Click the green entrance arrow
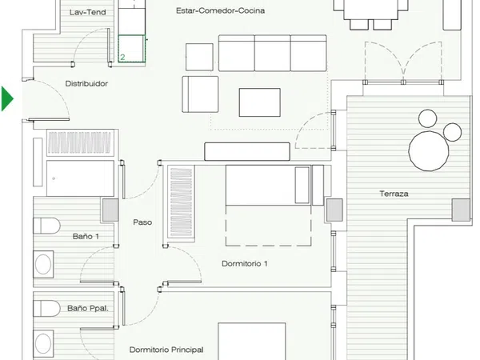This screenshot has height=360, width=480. coord(6,98)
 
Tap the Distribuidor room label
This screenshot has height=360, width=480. coord(86,83)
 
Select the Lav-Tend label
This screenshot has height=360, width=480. coord(87,12)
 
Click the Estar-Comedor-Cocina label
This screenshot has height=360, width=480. coord(221,10)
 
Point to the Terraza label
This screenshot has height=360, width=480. coord(394,194)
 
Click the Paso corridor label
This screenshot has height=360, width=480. coord(142,222)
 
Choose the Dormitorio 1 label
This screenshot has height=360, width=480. coord(245,263)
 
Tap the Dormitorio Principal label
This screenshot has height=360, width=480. coord(166,350)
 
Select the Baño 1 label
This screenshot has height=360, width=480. coord(86,236)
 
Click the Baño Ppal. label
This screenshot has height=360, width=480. coord(88,308)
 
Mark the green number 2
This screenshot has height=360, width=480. coord(122,58)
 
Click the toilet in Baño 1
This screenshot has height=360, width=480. coord(46,226)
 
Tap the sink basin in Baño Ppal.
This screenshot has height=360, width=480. coord(43,343)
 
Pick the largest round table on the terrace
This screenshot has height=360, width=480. coord(429,151)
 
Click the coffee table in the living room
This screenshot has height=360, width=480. coord(259,102)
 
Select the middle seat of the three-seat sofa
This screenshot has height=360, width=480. coord(273,54)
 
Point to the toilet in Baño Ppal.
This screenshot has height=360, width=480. coord(46,308)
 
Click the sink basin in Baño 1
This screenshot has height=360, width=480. coord(43,265)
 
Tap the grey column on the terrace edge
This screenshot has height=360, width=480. coord(461,210)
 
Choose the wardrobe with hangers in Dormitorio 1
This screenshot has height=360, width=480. coord(181,202)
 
